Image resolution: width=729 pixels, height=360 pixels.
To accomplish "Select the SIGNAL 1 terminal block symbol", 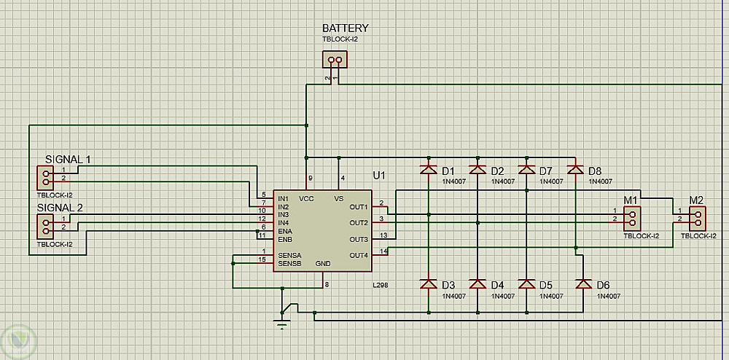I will [46, 177].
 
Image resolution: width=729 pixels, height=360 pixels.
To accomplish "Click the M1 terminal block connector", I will [632, 216].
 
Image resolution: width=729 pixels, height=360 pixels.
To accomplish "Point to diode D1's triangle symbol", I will [428, 170].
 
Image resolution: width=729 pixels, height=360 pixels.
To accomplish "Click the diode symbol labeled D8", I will [576, 170].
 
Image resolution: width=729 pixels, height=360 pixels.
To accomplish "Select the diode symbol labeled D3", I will [428, 283].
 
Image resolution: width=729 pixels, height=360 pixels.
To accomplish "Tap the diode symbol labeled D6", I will [582, 283].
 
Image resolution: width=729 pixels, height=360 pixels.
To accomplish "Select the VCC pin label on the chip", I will [306, 198].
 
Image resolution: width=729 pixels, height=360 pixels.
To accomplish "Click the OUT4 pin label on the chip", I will [359, 255].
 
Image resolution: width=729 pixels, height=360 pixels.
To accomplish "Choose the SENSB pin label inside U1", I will [289, 263].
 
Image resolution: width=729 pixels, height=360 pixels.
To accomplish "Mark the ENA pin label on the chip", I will [284, 230].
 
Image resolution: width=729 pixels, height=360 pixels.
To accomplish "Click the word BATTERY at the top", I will [346, 28].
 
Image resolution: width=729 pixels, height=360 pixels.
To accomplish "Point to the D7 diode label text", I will [546, 171].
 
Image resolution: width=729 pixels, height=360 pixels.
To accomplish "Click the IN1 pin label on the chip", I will [283, 198].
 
